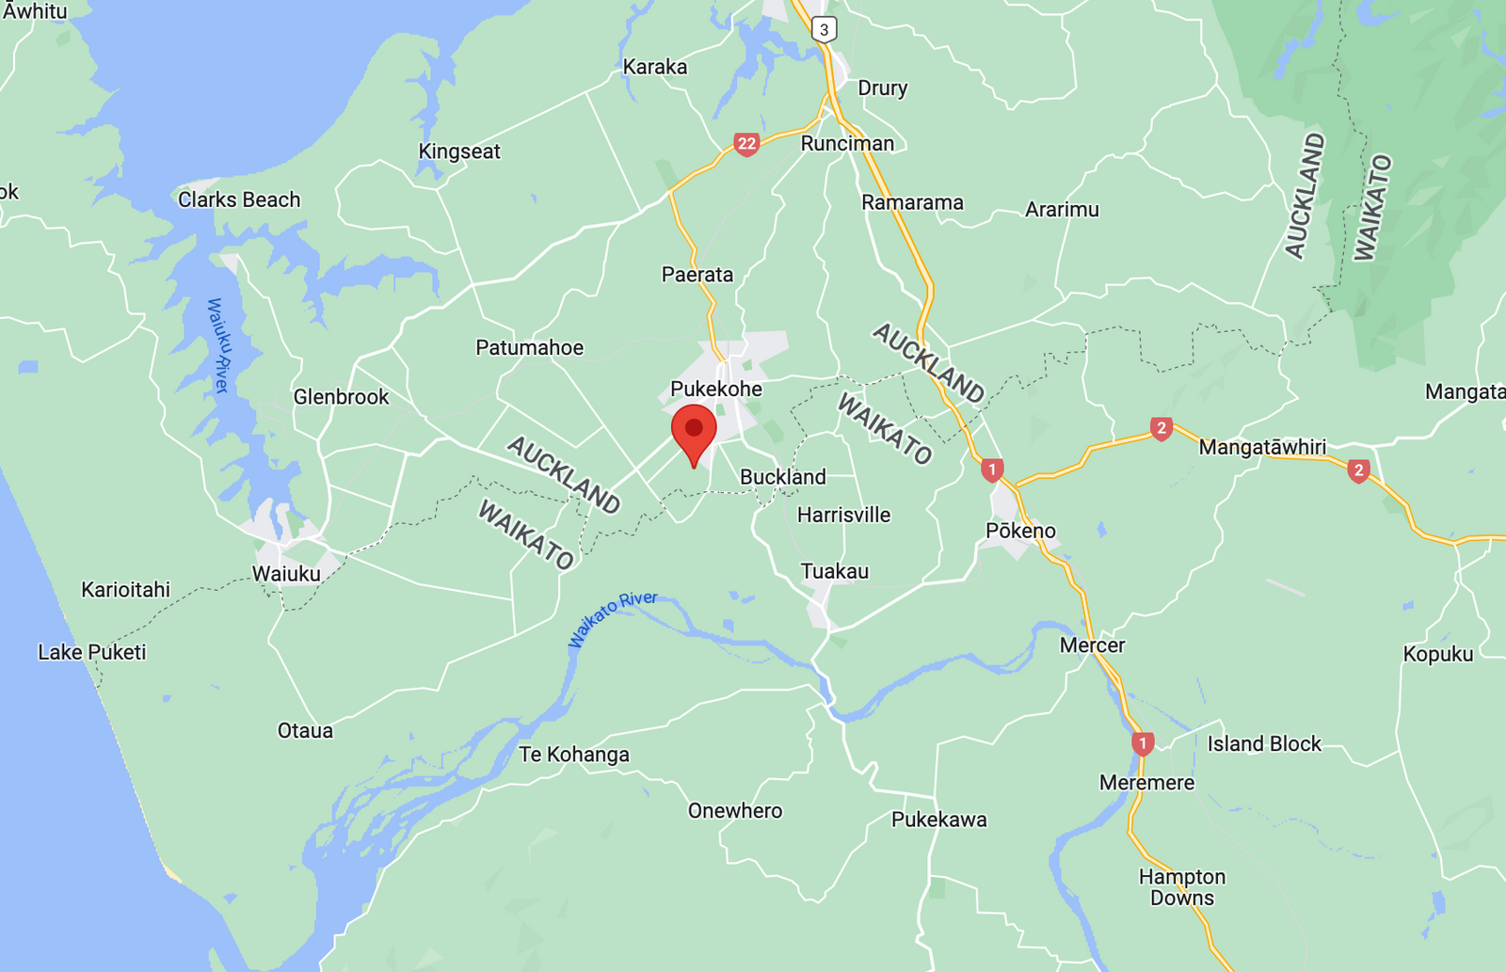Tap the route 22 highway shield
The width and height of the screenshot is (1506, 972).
tap(746, 144)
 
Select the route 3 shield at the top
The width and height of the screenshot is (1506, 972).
tap(824, 29)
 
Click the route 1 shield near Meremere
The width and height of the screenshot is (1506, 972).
tap(1143, 743)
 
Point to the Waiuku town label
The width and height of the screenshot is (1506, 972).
tap(286, 574)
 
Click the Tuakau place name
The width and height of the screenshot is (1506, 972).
tap(834, 571)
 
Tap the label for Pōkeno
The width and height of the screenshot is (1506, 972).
tap(1020, 531)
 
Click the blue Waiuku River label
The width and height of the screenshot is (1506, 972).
tap(218, 345)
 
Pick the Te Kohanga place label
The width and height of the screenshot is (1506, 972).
tap(574, 755)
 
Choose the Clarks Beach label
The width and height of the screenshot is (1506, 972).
tap(239, 199)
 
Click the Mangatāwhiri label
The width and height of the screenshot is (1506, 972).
tap(1262, 447)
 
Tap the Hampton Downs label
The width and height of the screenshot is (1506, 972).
tap(1182, 887)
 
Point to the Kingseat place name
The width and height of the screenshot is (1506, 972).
tap(459, 151)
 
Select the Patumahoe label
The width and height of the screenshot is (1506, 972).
tap(529, 347)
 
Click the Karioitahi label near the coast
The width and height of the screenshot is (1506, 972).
tap(125, 590)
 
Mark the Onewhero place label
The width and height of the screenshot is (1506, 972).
tap(735, 811)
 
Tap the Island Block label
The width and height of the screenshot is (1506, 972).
tap(1264, 743)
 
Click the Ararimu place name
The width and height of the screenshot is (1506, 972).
tap(1062, 209)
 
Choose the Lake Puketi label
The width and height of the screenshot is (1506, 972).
tap(92, 652)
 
